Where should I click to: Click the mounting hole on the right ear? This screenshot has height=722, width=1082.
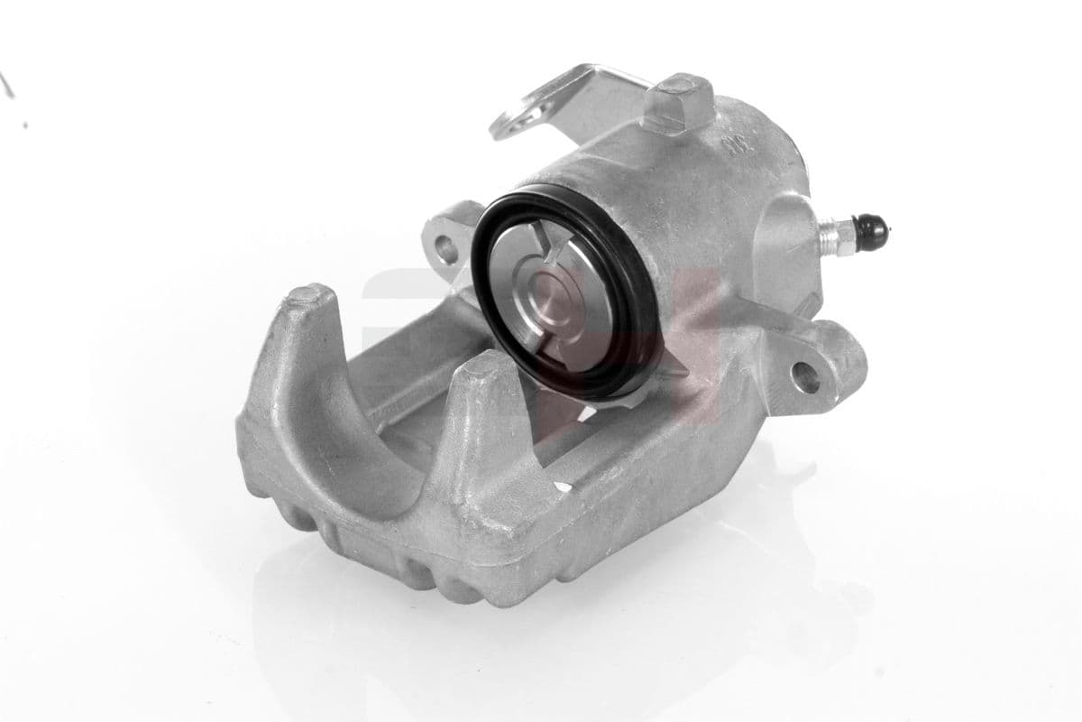point(804,375)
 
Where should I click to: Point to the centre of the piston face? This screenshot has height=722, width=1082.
point(553,294)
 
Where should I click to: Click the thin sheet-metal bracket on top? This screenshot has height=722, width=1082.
point(577,99)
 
